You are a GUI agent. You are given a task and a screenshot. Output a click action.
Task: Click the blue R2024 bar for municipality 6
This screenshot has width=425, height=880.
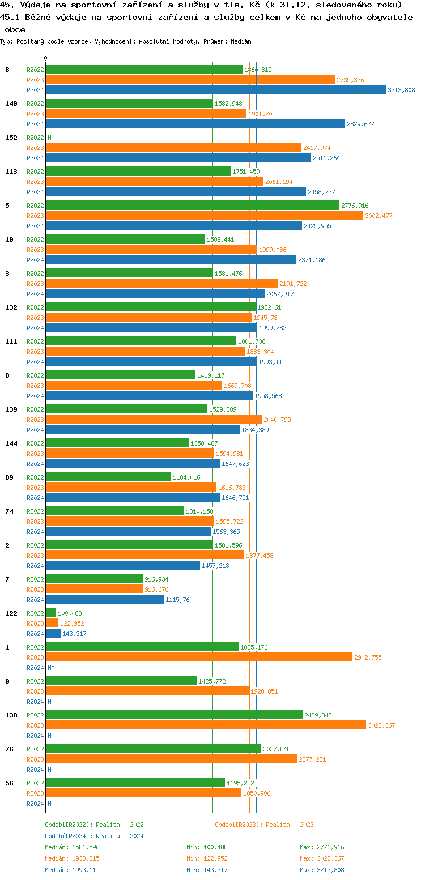coord(215,89)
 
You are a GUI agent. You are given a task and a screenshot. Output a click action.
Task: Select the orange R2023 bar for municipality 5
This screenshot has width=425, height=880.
coord(204,215)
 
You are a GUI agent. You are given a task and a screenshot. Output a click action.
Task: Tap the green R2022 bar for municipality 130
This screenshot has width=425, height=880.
coord(174,715)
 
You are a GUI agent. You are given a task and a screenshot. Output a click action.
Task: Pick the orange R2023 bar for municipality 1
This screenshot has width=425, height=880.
coord(199,657)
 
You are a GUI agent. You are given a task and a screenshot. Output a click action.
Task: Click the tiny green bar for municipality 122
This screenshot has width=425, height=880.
coord(51,613)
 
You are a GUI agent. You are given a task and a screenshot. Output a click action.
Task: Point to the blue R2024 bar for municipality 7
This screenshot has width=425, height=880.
coord(105,599)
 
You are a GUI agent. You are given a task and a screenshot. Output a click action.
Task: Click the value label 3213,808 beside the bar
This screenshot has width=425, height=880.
coord(401,90)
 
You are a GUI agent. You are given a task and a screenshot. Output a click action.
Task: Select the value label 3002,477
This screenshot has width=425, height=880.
coord(379,216)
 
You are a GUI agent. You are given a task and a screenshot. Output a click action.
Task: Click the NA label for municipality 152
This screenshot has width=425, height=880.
coord(51,138)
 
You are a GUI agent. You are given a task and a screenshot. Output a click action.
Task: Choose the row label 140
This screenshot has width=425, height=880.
coord(11,104)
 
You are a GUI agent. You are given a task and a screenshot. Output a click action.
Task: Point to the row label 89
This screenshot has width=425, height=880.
coord(8,477)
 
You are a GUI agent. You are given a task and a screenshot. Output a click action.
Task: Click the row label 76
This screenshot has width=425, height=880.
coord(8,749)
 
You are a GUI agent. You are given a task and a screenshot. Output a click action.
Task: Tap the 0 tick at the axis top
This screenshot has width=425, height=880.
coord(46,58)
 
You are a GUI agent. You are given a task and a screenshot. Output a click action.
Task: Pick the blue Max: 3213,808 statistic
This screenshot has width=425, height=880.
coord(322,870)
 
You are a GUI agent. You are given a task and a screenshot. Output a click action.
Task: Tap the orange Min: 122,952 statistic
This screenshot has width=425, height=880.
coord(207,858)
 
